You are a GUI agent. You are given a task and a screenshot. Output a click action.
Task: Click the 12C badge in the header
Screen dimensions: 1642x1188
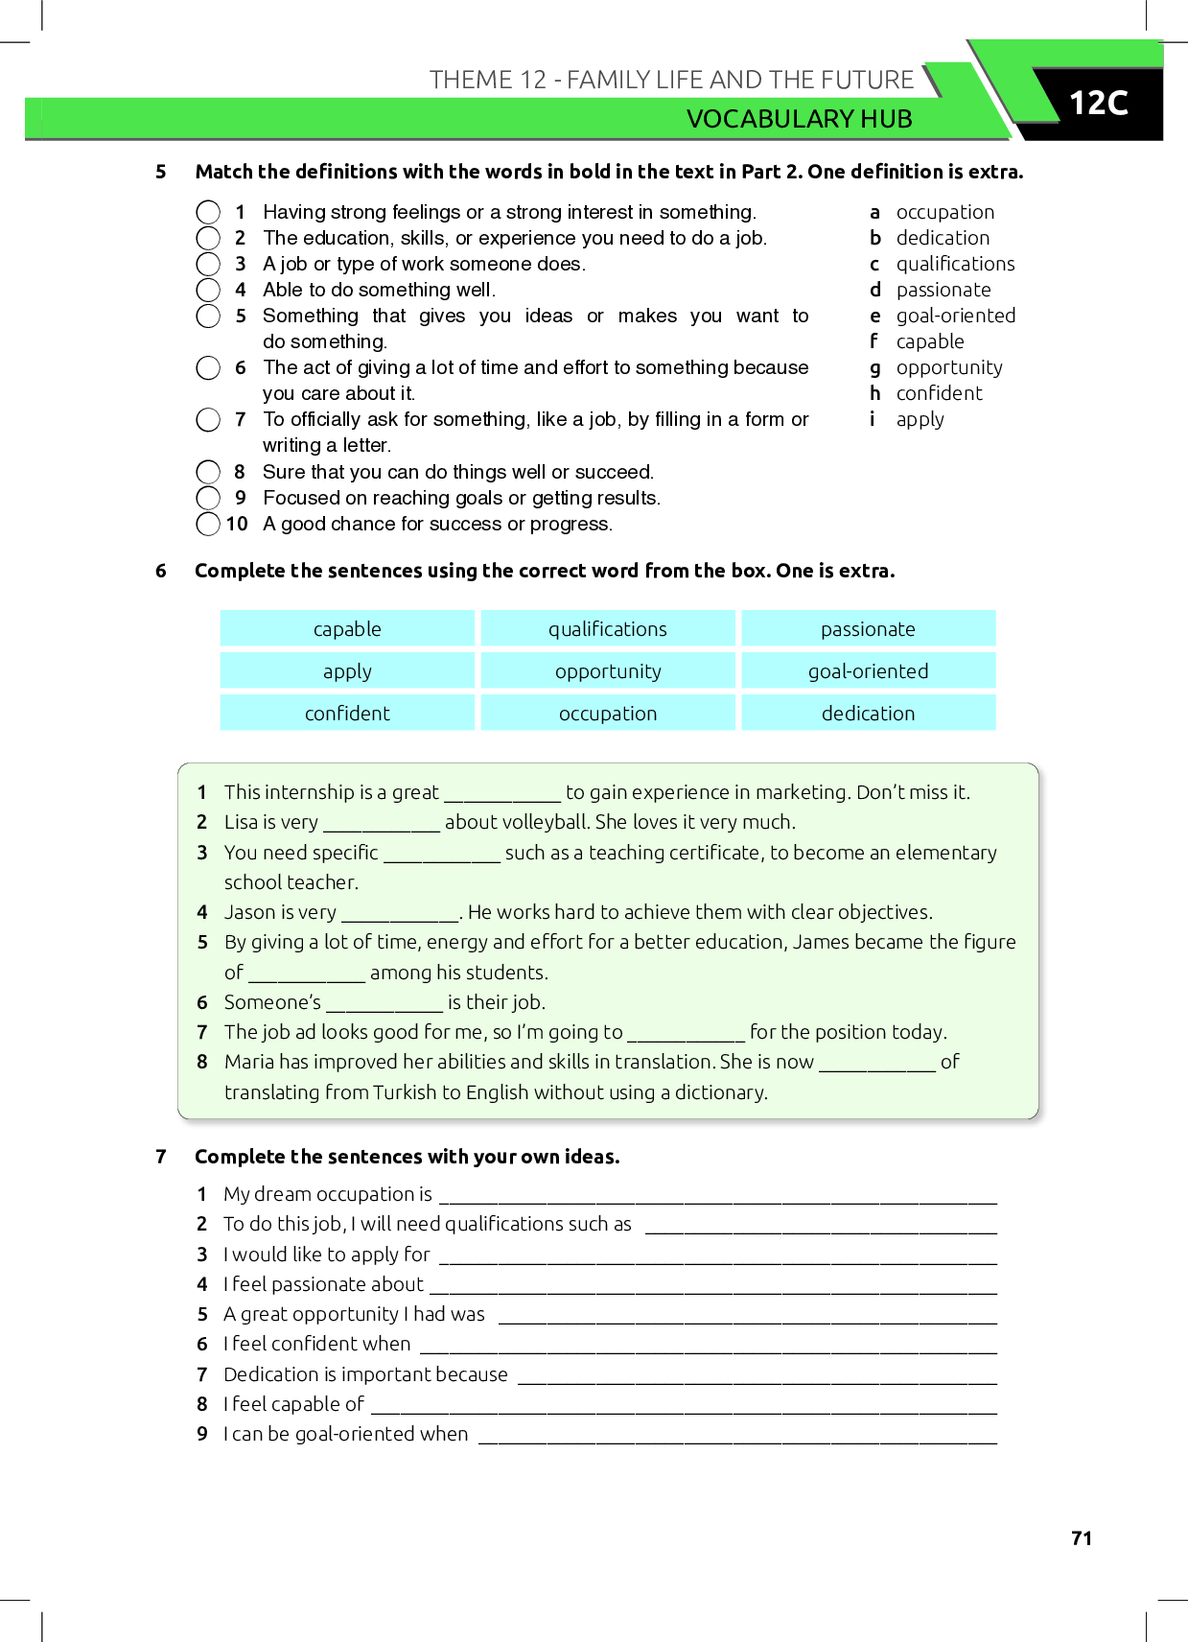[1098, 104]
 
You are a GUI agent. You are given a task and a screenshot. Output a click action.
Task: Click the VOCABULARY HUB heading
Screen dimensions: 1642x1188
[799, 119]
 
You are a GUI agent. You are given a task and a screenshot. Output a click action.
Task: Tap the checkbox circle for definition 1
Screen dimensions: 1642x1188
[208, 212]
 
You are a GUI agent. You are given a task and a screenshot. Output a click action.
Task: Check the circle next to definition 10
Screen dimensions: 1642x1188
[208, 524]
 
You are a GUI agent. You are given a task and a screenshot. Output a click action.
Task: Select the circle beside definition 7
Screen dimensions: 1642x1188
[208, 420]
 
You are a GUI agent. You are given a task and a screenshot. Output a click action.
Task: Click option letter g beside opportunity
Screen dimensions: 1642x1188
[874, 367]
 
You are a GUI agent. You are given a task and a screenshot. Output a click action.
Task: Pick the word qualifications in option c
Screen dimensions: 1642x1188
[955, 264]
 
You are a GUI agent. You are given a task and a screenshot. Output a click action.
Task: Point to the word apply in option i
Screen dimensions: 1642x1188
[920, 420]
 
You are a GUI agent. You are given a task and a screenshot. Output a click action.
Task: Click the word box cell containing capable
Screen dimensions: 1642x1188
[347, 629]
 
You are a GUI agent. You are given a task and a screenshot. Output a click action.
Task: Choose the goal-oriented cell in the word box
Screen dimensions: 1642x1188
[868, 671]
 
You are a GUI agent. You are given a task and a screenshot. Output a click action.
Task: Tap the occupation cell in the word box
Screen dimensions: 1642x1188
[608, 714]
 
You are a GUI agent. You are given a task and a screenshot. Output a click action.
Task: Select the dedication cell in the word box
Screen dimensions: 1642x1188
[868, 714]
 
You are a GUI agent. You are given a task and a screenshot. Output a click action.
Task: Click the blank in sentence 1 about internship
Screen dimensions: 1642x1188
[502, 794]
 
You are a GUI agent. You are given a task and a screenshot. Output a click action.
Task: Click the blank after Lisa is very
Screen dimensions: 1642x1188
[382, 824]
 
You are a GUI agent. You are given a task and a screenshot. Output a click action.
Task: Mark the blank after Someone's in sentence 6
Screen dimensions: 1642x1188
[384, 1004]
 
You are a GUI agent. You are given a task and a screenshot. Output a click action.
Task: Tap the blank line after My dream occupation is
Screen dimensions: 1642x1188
[717, 1196]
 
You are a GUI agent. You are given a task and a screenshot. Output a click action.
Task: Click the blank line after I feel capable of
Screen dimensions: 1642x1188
[684, 1406]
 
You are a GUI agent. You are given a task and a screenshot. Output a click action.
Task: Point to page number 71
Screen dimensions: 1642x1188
[1082, 1538]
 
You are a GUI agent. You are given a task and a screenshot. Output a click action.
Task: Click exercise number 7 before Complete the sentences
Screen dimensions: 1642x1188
[161, 1157]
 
